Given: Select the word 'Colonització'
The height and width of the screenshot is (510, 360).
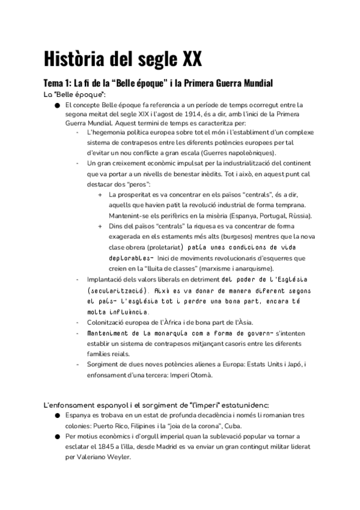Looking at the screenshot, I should (x=107, y=322).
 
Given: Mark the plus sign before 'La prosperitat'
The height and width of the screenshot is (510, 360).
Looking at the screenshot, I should (x=99, y=195).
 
